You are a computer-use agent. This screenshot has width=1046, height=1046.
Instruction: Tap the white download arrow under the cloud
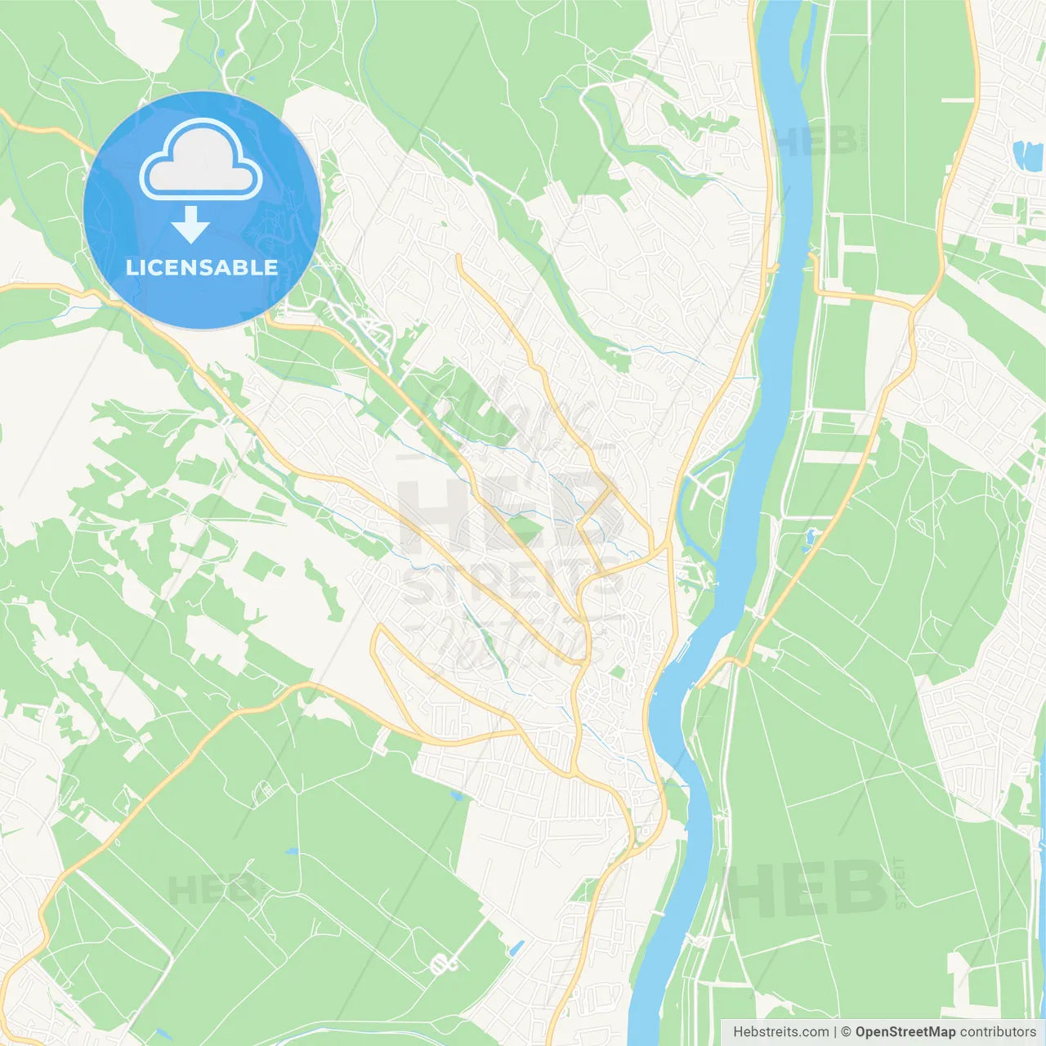point(190,224)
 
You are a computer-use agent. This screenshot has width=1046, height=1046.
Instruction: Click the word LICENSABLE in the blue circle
point(202,267)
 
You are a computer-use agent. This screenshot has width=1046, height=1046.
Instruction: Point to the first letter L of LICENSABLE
point(132,267)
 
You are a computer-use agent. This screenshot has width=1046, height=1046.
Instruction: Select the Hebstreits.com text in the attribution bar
point(780,1032)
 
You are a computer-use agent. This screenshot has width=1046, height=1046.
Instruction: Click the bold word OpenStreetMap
point(905,1032)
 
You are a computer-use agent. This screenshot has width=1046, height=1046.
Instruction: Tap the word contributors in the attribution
point(998,1032)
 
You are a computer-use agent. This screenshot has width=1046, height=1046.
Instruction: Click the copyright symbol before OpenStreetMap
point(847,1032)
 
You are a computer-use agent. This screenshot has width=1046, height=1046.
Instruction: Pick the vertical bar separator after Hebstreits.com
point(835,1032)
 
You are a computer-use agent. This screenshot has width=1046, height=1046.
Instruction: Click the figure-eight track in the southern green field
point(444,964)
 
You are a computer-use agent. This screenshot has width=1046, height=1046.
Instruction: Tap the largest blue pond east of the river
point(1022,153)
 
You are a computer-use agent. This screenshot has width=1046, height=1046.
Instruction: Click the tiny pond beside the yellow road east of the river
point(810,537)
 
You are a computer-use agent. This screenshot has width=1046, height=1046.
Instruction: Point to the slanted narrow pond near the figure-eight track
point(515,948)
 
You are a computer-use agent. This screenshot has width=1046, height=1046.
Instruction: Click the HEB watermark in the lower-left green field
point(217,889)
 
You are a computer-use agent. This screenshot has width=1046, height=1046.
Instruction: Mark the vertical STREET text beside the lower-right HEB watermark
point(901,883)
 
